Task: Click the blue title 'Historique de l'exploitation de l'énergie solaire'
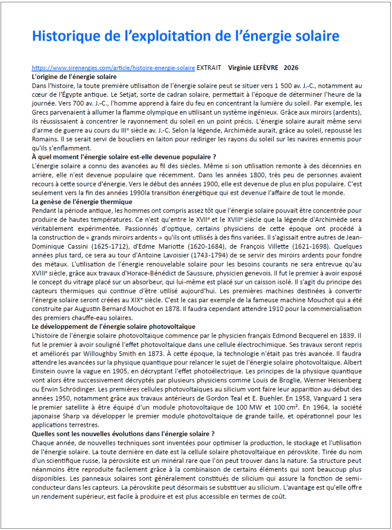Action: tap(185, 36)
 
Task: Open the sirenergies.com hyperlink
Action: tap(113, 68)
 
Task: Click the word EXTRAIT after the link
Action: tap(210, 68)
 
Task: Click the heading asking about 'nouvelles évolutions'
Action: tap(123, 434)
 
